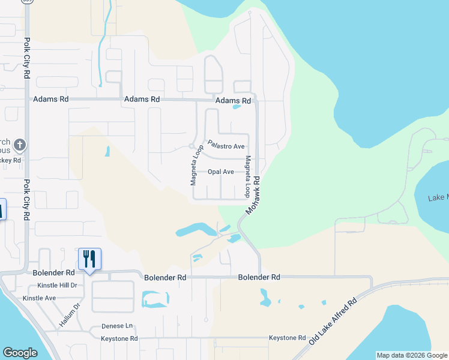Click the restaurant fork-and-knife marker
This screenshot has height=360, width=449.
pyautogui.click(x=89, y=259)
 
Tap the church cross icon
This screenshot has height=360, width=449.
pyautogui.click(x=19, y=145)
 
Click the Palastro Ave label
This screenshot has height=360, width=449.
pyautogui.click(x=226, y=146)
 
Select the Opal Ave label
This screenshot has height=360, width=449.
pyautogui.click(x=220, y=172)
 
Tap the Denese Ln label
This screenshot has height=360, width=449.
pyautogui.click(x=117, y=326)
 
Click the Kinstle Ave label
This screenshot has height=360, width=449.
pyautogui.click(x=39, y=298)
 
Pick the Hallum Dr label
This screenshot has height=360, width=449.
pyautogui.click(x=70, y=314)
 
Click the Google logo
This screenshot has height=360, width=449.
pyautogui.click(x=20, y=353)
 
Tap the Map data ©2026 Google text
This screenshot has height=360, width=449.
pyautogui.click(x=411, y=355)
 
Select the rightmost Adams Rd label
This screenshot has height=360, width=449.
pyautogui.click(x=233, y=101)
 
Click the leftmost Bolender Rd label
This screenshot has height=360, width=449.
pyautogui.click(x=53, y=273)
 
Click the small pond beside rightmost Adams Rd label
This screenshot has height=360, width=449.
pyautogui.click(x=237, y=108)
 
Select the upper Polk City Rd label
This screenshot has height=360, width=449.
pyautogui.click(x=27, y=61)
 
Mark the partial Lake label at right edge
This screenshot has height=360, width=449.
pyautogui.click(x=438, y=197)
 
